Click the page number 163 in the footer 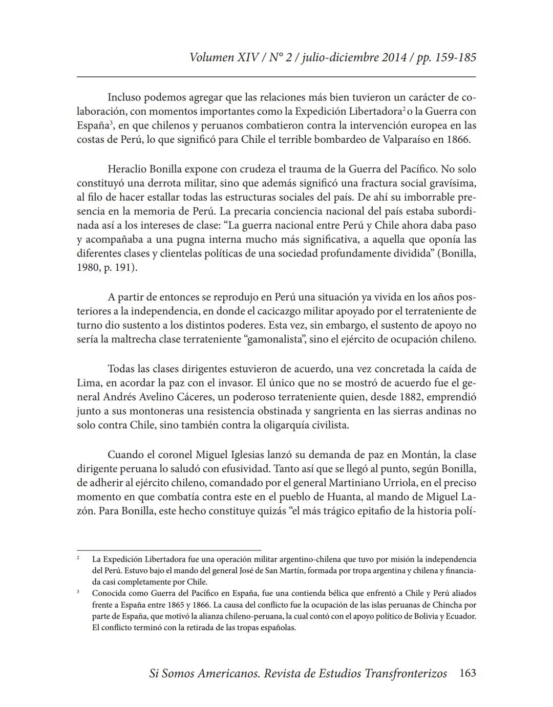click(x=467, y=673)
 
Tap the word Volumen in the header click(x=211, y=57)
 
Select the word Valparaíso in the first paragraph click(x=407, y=139)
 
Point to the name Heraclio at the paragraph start click(x=126, y=168)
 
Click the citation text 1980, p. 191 click(x=107, y=267)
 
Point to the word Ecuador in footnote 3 click(x=459, y=616)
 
